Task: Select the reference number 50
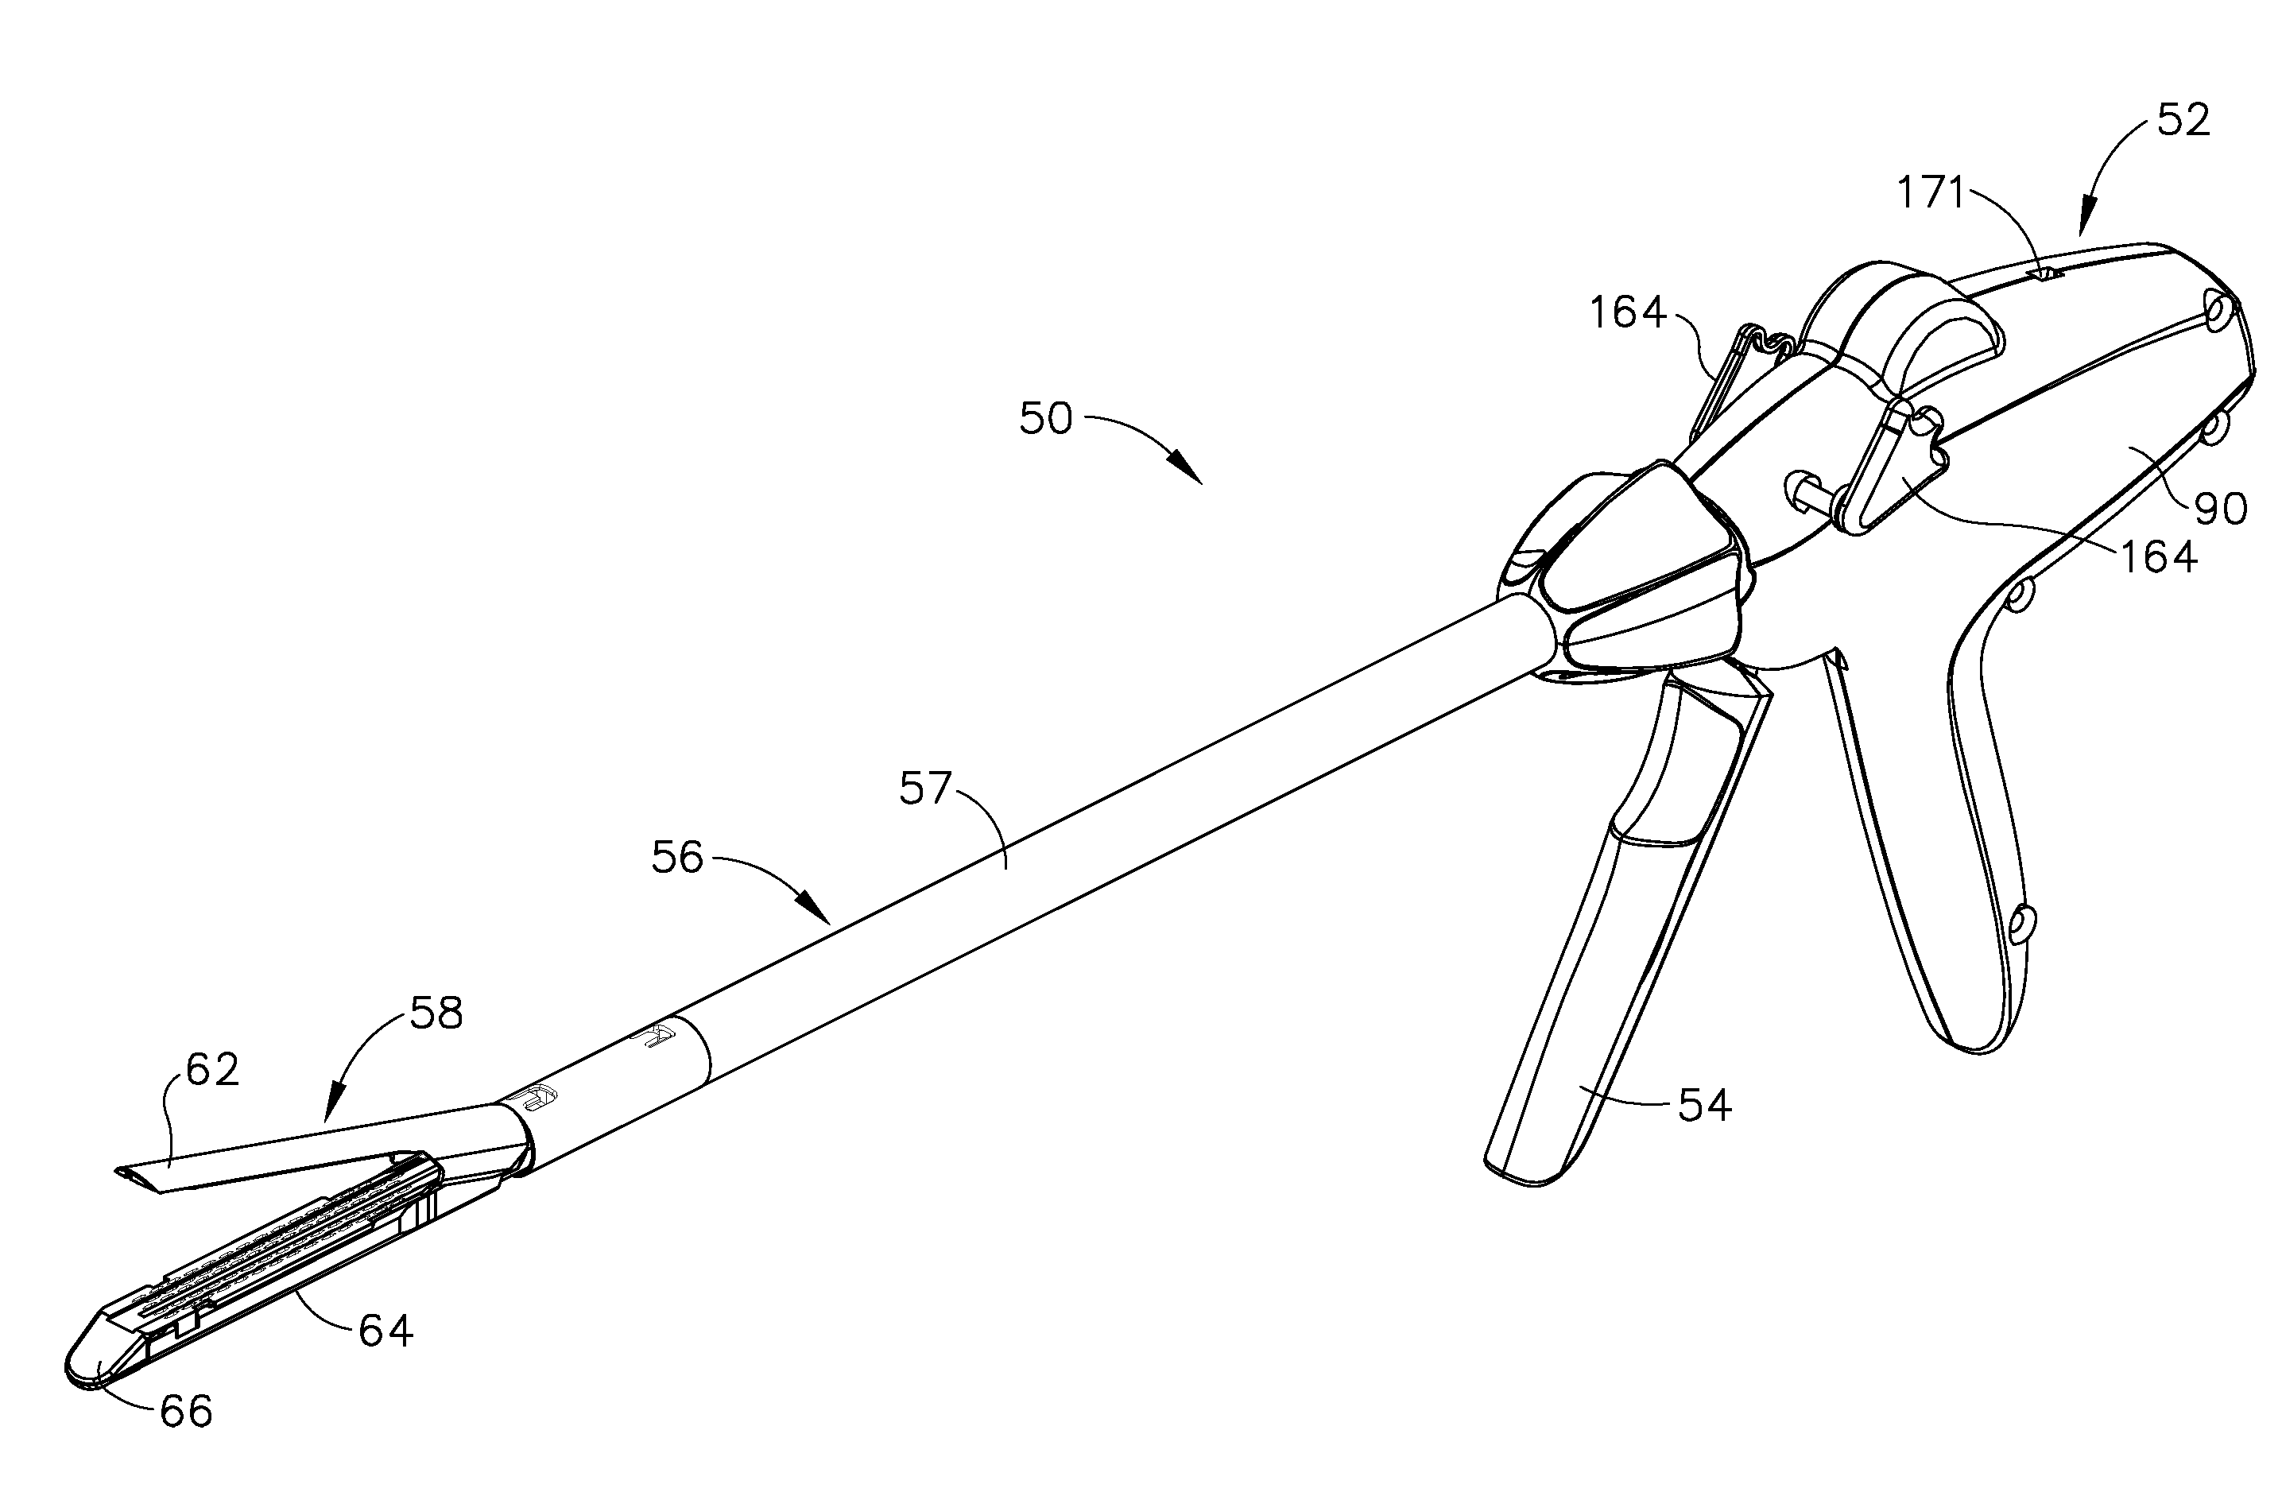pos(1045,419)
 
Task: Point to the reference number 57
pos(924,789)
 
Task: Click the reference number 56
pos(677,856)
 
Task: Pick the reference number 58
pos(436,1013)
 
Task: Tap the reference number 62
pos(212,1069)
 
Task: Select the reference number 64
pos(385,1330)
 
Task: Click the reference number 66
pos(185,1411)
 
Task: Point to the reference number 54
pos(1705,1106)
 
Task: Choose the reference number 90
pos(2221,508)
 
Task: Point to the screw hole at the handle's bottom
pos(2017,923)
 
